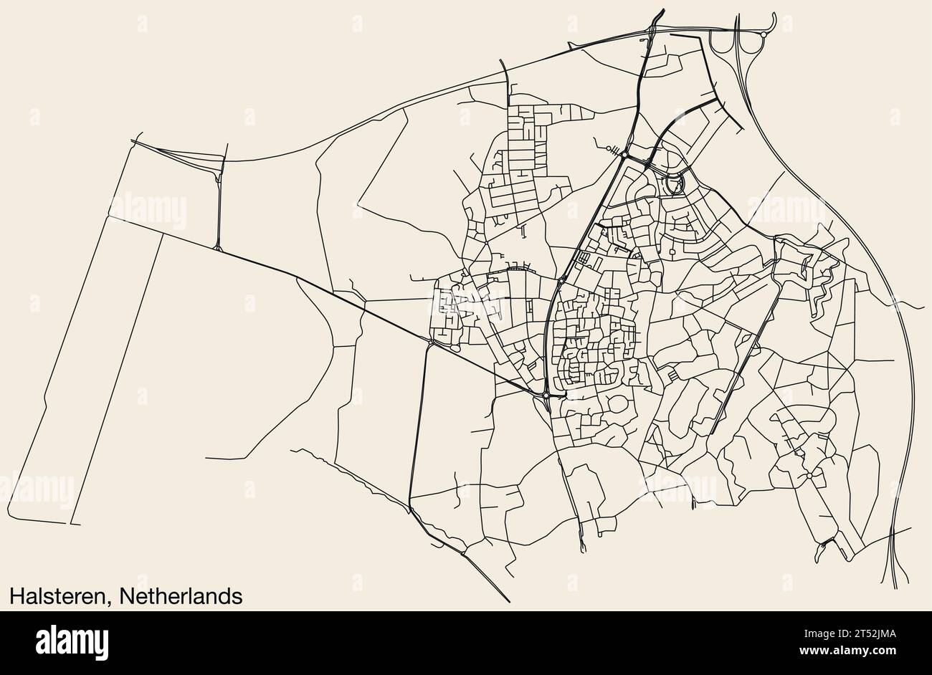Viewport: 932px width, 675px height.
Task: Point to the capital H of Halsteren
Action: [x=16, y=595]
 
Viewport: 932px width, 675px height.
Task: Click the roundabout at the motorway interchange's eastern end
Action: [x=764, y=34]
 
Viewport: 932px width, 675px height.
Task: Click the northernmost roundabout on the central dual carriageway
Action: [x=625, y=155]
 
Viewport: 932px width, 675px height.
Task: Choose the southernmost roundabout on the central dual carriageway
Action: [x=546, y=395]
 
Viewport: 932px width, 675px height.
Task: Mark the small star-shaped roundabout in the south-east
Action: [x=809, y=475]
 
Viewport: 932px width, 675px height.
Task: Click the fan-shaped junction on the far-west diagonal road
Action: [x=217, y=248]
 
